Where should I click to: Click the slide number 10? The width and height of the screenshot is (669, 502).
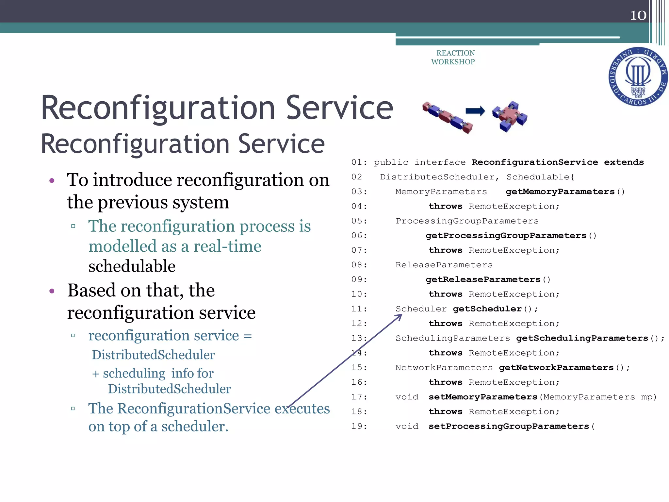pos(638,15)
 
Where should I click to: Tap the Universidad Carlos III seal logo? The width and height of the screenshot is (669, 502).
pos(638,77)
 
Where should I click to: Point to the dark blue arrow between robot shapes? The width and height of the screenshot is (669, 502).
pos(475,111)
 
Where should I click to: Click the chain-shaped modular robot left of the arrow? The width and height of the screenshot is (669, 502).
pos(448,117)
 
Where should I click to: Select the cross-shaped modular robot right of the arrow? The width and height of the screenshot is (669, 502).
pos(510,116)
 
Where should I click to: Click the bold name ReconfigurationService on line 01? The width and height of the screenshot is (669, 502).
pos(534,162)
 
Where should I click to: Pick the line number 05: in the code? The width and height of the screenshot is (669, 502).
pos(359,221)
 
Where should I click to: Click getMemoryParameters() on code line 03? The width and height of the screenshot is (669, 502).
pos(565,192)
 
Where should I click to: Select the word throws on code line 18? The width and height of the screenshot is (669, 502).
pos(445,412)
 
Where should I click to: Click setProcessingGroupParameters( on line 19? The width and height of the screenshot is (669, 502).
pos(511,427)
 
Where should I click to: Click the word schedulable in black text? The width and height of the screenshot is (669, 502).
pos(132,266)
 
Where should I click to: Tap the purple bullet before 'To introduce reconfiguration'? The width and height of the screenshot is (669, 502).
pos(52,181)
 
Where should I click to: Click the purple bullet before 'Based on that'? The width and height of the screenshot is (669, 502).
pos(52,291)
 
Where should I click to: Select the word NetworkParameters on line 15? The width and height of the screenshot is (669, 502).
pos(444,368)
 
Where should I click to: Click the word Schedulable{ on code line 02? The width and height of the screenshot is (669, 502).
pos(540,177)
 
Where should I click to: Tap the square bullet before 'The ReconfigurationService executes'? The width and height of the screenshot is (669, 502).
pos(73,409)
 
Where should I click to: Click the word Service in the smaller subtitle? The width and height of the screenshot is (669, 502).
pos(281,144)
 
